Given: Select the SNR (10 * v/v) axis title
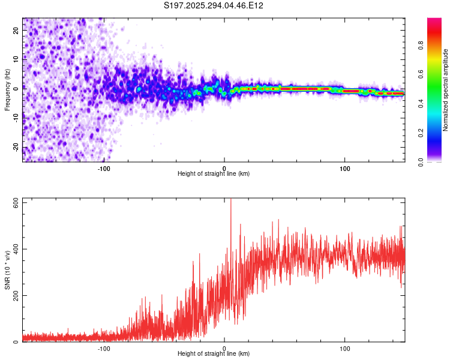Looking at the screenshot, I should (x=8, y=270).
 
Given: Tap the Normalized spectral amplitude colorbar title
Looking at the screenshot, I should (x=446, y=90).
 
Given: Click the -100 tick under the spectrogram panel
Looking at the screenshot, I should (x=104, y=168).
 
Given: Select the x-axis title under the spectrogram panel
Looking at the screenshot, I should (x=214, y=174).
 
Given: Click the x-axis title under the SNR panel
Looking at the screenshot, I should (x=214, y=354).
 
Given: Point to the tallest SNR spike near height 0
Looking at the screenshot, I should (x=231, y=201).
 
